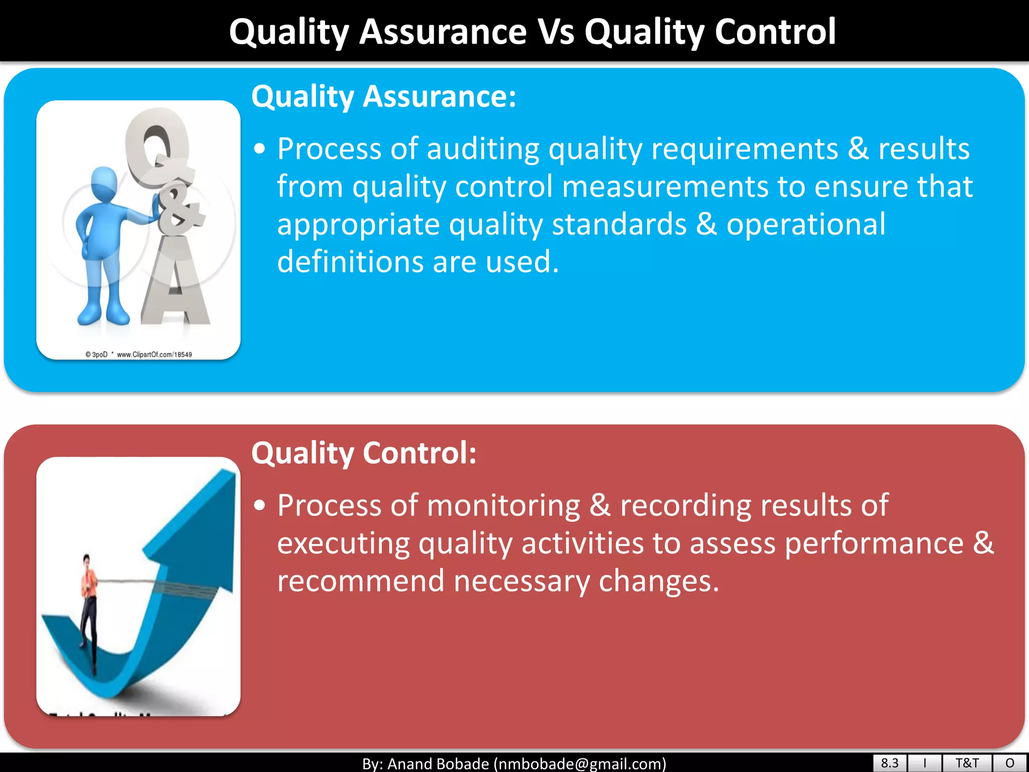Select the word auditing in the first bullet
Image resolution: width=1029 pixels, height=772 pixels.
tap(483, 149)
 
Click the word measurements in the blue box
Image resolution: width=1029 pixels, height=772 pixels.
tap(665, 187)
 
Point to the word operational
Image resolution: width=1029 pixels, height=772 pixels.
tap(805, 225)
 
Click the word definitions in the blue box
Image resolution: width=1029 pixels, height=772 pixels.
tap(350, 262)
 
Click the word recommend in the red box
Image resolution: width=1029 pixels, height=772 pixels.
tap(360, 581)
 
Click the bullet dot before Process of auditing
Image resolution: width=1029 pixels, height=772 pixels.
tap(259, 149)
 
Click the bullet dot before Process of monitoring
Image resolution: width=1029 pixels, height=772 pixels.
tap(259, 505)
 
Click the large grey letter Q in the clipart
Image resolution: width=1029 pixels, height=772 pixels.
tap(157, 148)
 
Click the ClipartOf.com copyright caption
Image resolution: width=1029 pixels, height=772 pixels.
tap(139, 354)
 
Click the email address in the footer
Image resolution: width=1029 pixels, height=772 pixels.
tap(580, 764)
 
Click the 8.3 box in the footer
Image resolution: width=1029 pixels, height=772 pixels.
tap(889, 763)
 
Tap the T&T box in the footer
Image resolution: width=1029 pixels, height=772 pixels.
tap(967, 763)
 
